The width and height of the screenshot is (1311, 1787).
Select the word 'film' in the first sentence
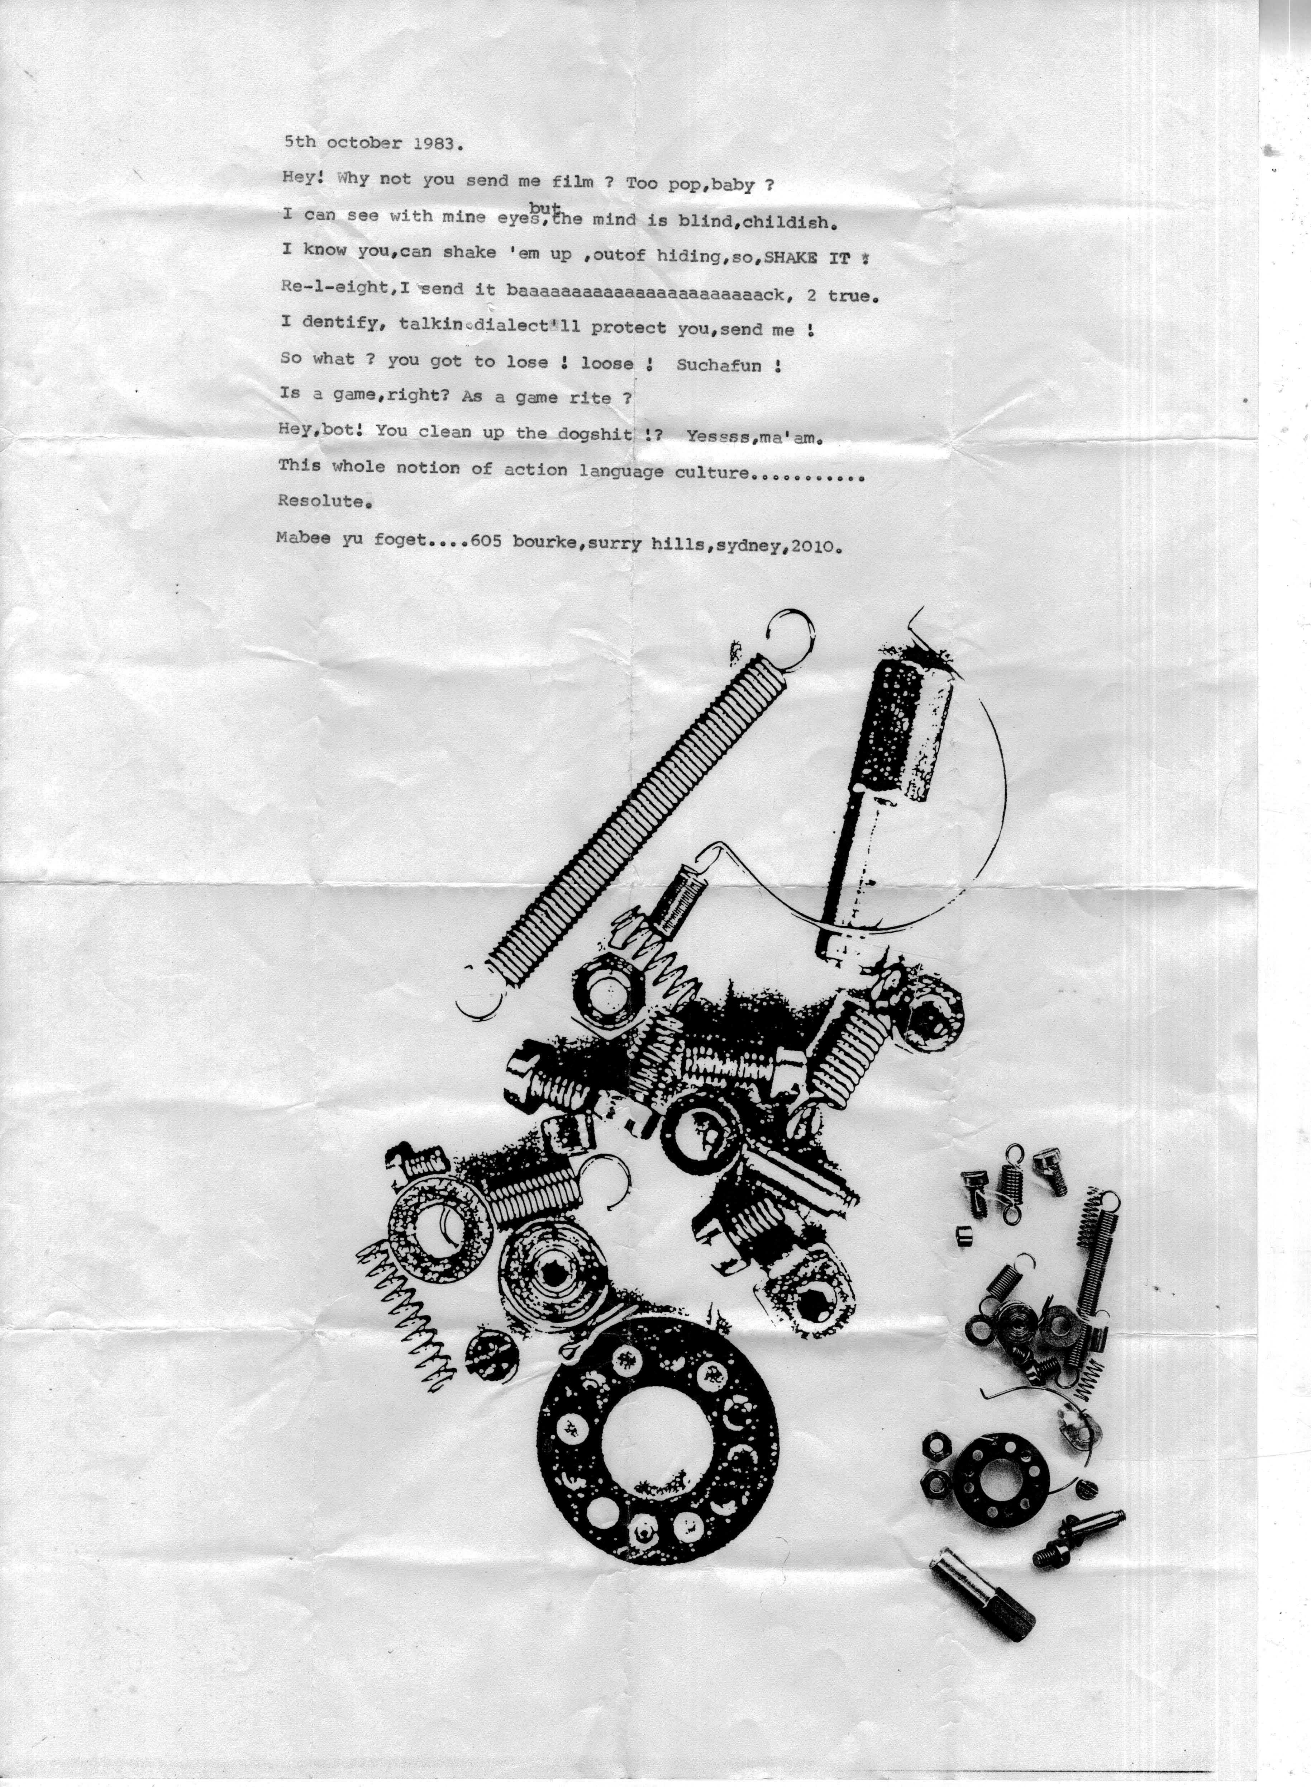(573, 182)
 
